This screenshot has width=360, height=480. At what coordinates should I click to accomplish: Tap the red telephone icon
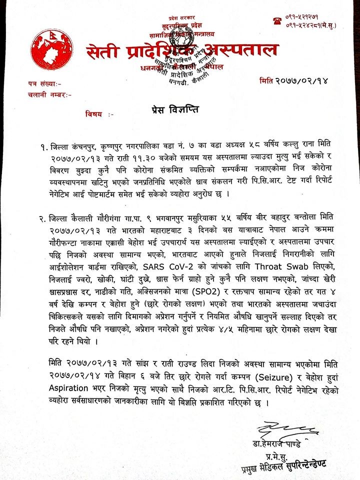coord(275,21)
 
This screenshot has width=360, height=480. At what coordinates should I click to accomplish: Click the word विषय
coord(101,114)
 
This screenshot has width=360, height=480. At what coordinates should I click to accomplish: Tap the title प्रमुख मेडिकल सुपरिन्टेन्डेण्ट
coord(285,466)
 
